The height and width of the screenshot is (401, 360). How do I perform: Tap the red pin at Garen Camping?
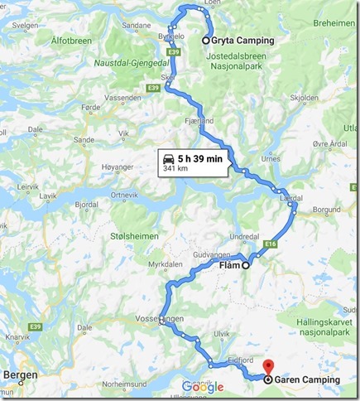(x=266, y=365)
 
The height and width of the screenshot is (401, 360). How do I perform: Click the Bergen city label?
(x=22, y=374)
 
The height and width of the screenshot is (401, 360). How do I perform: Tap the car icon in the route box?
(x=168, y=158)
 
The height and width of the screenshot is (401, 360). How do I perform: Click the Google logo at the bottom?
(x=202, y=387)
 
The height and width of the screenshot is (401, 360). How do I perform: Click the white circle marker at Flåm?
(x=246, y=266)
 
